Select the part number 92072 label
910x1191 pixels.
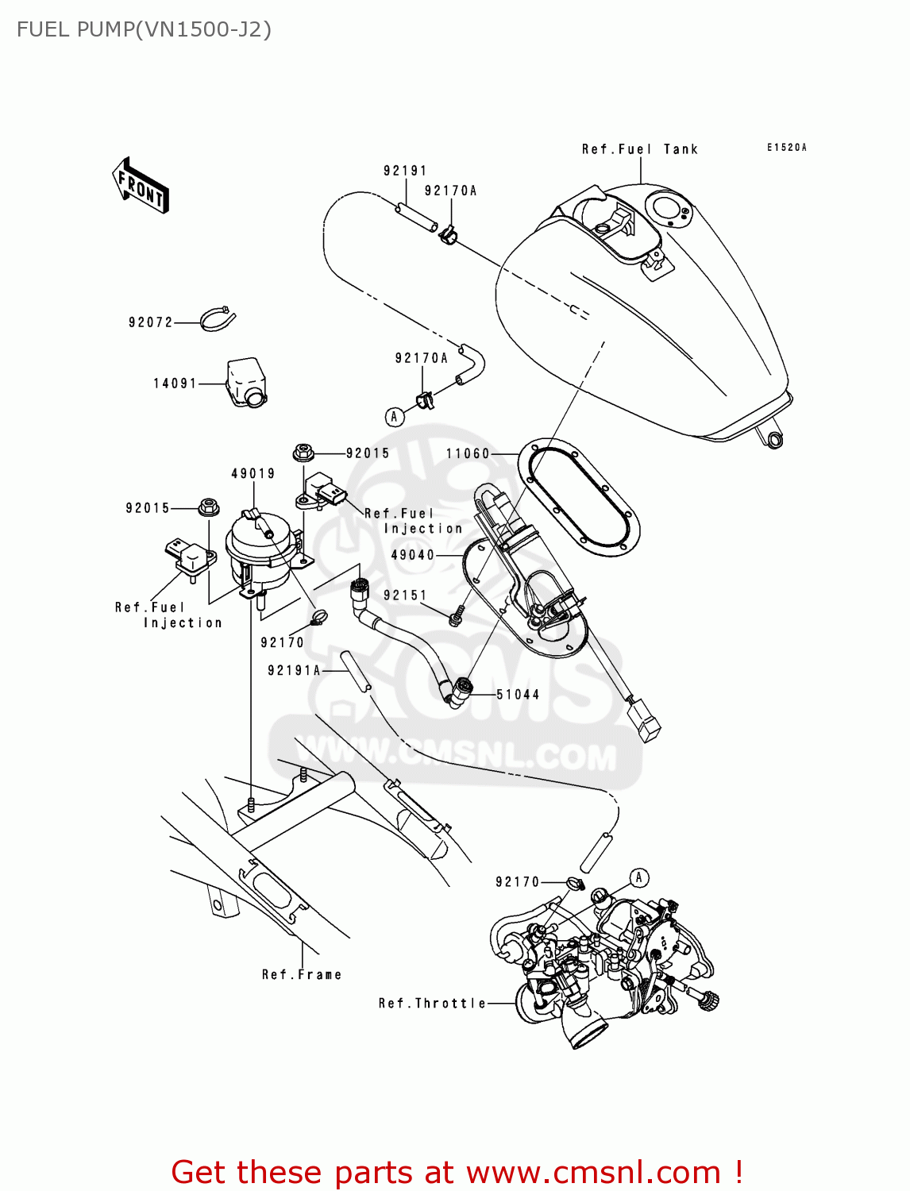pyautogui.click(x=150, y=322)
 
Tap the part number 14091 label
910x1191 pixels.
pyautogui.click(x=175, y=384)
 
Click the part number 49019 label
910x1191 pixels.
pyautogui.click(x=253, y=473)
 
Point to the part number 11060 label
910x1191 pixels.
pyautogui.click(x=468, y=453)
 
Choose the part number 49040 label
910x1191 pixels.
pyautogui.click(x=413, y=555)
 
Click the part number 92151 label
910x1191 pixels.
pyautogui.click(x=405, y=595)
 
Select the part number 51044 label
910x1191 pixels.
pyautogui.click(x=518, y=694)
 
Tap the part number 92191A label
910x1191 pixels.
pyautogui.click(x=294, y=670)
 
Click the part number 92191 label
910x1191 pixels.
pyautogui.click(x=405, y=171)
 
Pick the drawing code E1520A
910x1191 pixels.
pyautogui.click(x=786, y=148)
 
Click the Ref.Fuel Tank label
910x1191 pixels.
pyautogui.click(x=639, y=149)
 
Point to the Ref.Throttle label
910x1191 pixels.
pyautogui.click(x=432, y=1004)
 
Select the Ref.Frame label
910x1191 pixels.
pyautogui.click(x=302, y=974)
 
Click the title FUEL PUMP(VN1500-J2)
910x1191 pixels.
pyautogui.click(x=144, y=29)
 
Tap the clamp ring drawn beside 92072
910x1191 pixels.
pyautogui.click(x=218, y=319)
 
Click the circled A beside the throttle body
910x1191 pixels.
pyautogui.click(x=638, y=878)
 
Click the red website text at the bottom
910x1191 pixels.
pyautogui.click(x=457, y=1172)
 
